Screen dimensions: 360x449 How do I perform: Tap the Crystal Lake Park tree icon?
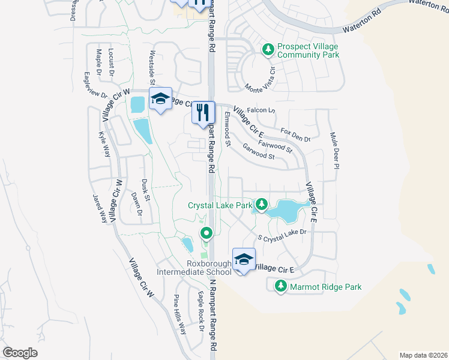(x=261, y=205)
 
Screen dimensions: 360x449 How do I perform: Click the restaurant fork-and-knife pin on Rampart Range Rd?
(x=203, y=112)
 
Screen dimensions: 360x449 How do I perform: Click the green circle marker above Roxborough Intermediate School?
(x=206, y=232)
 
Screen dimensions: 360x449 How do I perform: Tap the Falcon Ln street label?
(x=264, y=110)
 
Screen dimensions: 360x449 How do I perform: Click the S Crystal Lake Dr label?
(x=282, y=235)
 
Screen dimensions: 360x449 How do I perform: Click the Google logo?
(x=20, y=353)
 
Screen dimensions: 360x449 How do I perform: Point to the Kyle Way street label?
(x=105, y=145)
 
